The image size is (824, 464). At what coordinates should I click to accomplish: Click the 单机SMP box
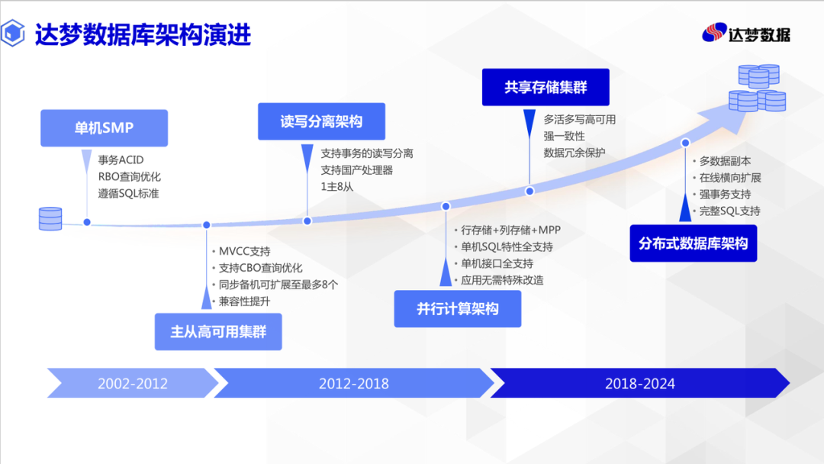pos(104,127)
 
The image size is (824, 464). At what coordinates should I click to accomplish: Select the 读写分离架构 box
pos(322,121)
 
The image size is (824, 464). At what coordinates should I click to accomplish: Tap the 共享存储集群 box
pos(546,87)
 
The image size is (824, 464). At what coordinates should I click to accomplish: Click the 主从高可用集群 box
pos(218,331)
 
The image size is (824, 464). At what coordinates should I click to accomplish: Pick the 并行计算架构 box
pos(458,308)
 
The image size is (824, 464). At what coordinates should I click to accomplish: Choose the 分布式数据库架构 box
pos(693,243)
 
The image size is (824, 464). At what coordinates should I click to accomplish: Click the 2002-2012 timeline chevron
pos(133,383)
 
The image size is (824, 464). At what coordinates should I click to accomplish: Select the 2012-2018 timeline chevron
pos(354,383)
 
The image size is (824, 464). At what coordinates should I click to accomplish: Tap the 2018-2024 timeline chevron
pos(640,383)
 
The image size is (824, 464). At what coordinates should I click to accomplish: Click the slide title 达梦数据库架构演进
pos(143,34)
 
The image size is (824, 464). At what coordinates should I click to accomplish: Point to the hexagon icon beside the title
pos(13,33)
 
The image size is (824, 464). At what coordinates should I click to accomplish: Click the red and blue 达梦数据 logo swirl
pos(714,33)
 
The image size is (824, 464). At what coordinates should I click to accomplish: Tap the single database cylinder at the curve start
pos(50,218)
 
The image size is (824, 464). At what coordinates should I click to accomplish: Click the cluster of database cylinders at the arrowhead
pos(758,88)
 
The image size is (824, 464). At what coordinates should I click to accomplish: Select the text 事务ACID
pos(121,159)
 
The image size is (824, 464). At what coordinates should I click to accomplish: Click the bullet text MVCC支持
pos(244,251)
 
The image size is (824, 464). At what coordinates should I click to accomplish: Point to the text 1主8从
pos(337,186)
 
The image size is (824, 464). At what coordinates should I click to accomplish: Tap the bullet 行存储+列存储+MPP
pos(510,230)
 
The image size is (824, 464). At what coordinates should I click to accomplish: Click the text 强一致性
pos(564,136)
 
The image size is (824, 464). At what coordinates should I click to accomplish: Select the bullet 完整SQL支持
pos(730,211)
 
